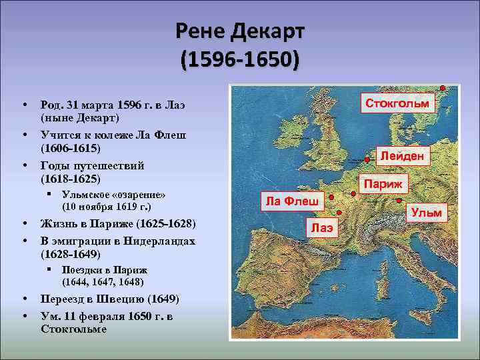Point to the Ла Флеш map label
point(291,200)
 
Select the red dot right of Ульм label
point(399,200)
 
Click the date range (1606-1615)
point(71,147)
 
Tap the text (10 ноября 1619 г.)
point(107,207)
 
